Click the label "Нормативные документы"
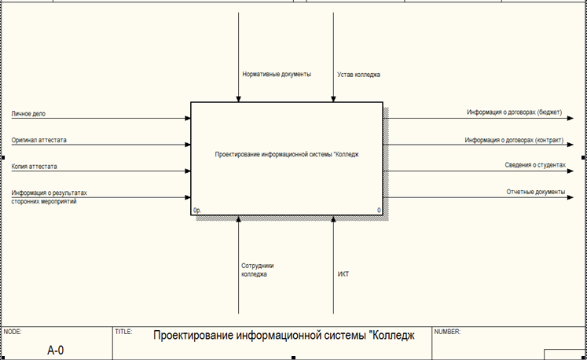click(x=277, y=74)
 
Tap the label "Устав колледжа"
click(x=358, y=75)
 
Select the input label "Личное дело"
click(x=28, y=114)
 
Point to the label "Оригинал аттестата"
click(x=39, y=140)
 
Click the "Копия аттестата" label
click(x=34, y=167)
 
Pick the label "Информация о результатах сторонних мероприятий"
click(x=49, y=197)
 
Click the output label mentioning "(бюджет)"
click(x=515, y=112)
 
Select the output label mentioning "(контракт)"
click(x=514, y=140)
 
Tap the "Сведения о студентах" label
click(x=535, y=165)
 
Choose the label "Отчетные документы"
click(x=536, y=192)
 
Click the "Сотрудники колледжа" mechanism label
click(x=258, y=270)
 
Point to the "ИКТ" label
click(x=343, y=274)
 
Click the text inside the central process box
click(x=287, y=154)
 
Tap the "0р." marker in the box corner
click(x=197, y=211)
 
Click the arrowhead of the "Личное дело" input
click(x=188, y=119)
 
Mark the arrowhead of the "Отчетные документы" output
click(x=570, y=197)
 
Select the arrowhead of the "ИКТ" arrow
click(x=333, y=219)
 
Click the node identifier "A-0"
click(x=56, y=351)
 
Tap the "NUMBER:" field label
click(x=447, y=332)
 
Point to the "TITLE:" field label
click(x=123, y=332)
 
